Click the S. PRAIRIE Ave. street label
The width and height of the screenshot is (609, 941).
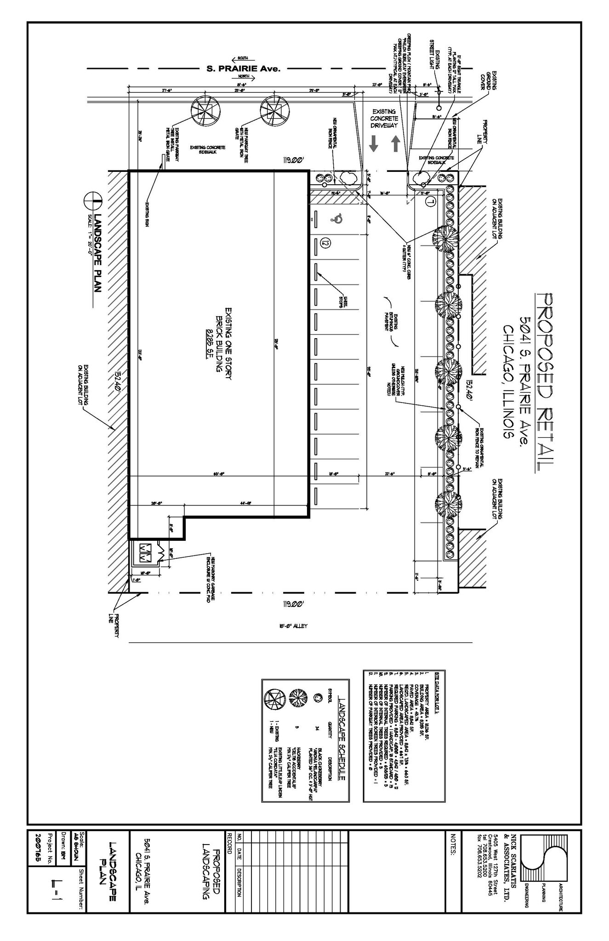pos(243,69)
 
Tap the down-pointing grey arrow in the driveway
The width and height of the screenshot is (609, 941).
pos(374,144)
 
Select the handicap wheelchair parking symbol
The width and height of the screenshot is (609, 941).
pos(338,219)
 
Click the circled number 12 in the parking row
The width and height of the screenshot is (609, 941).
pos(326,241)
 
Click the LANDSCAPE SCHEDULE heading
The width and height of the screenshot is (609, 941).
pos(341,726)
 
